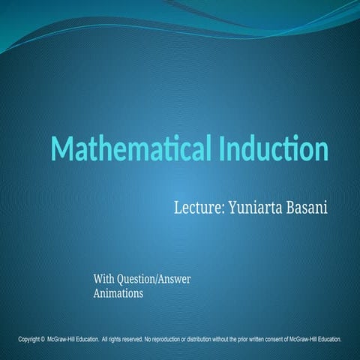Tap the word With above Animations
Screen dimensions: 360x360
[105, 280]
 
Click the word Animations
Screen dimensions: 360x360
[118, 294]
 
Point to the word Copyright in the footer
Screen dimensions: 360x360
[29, 340]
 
